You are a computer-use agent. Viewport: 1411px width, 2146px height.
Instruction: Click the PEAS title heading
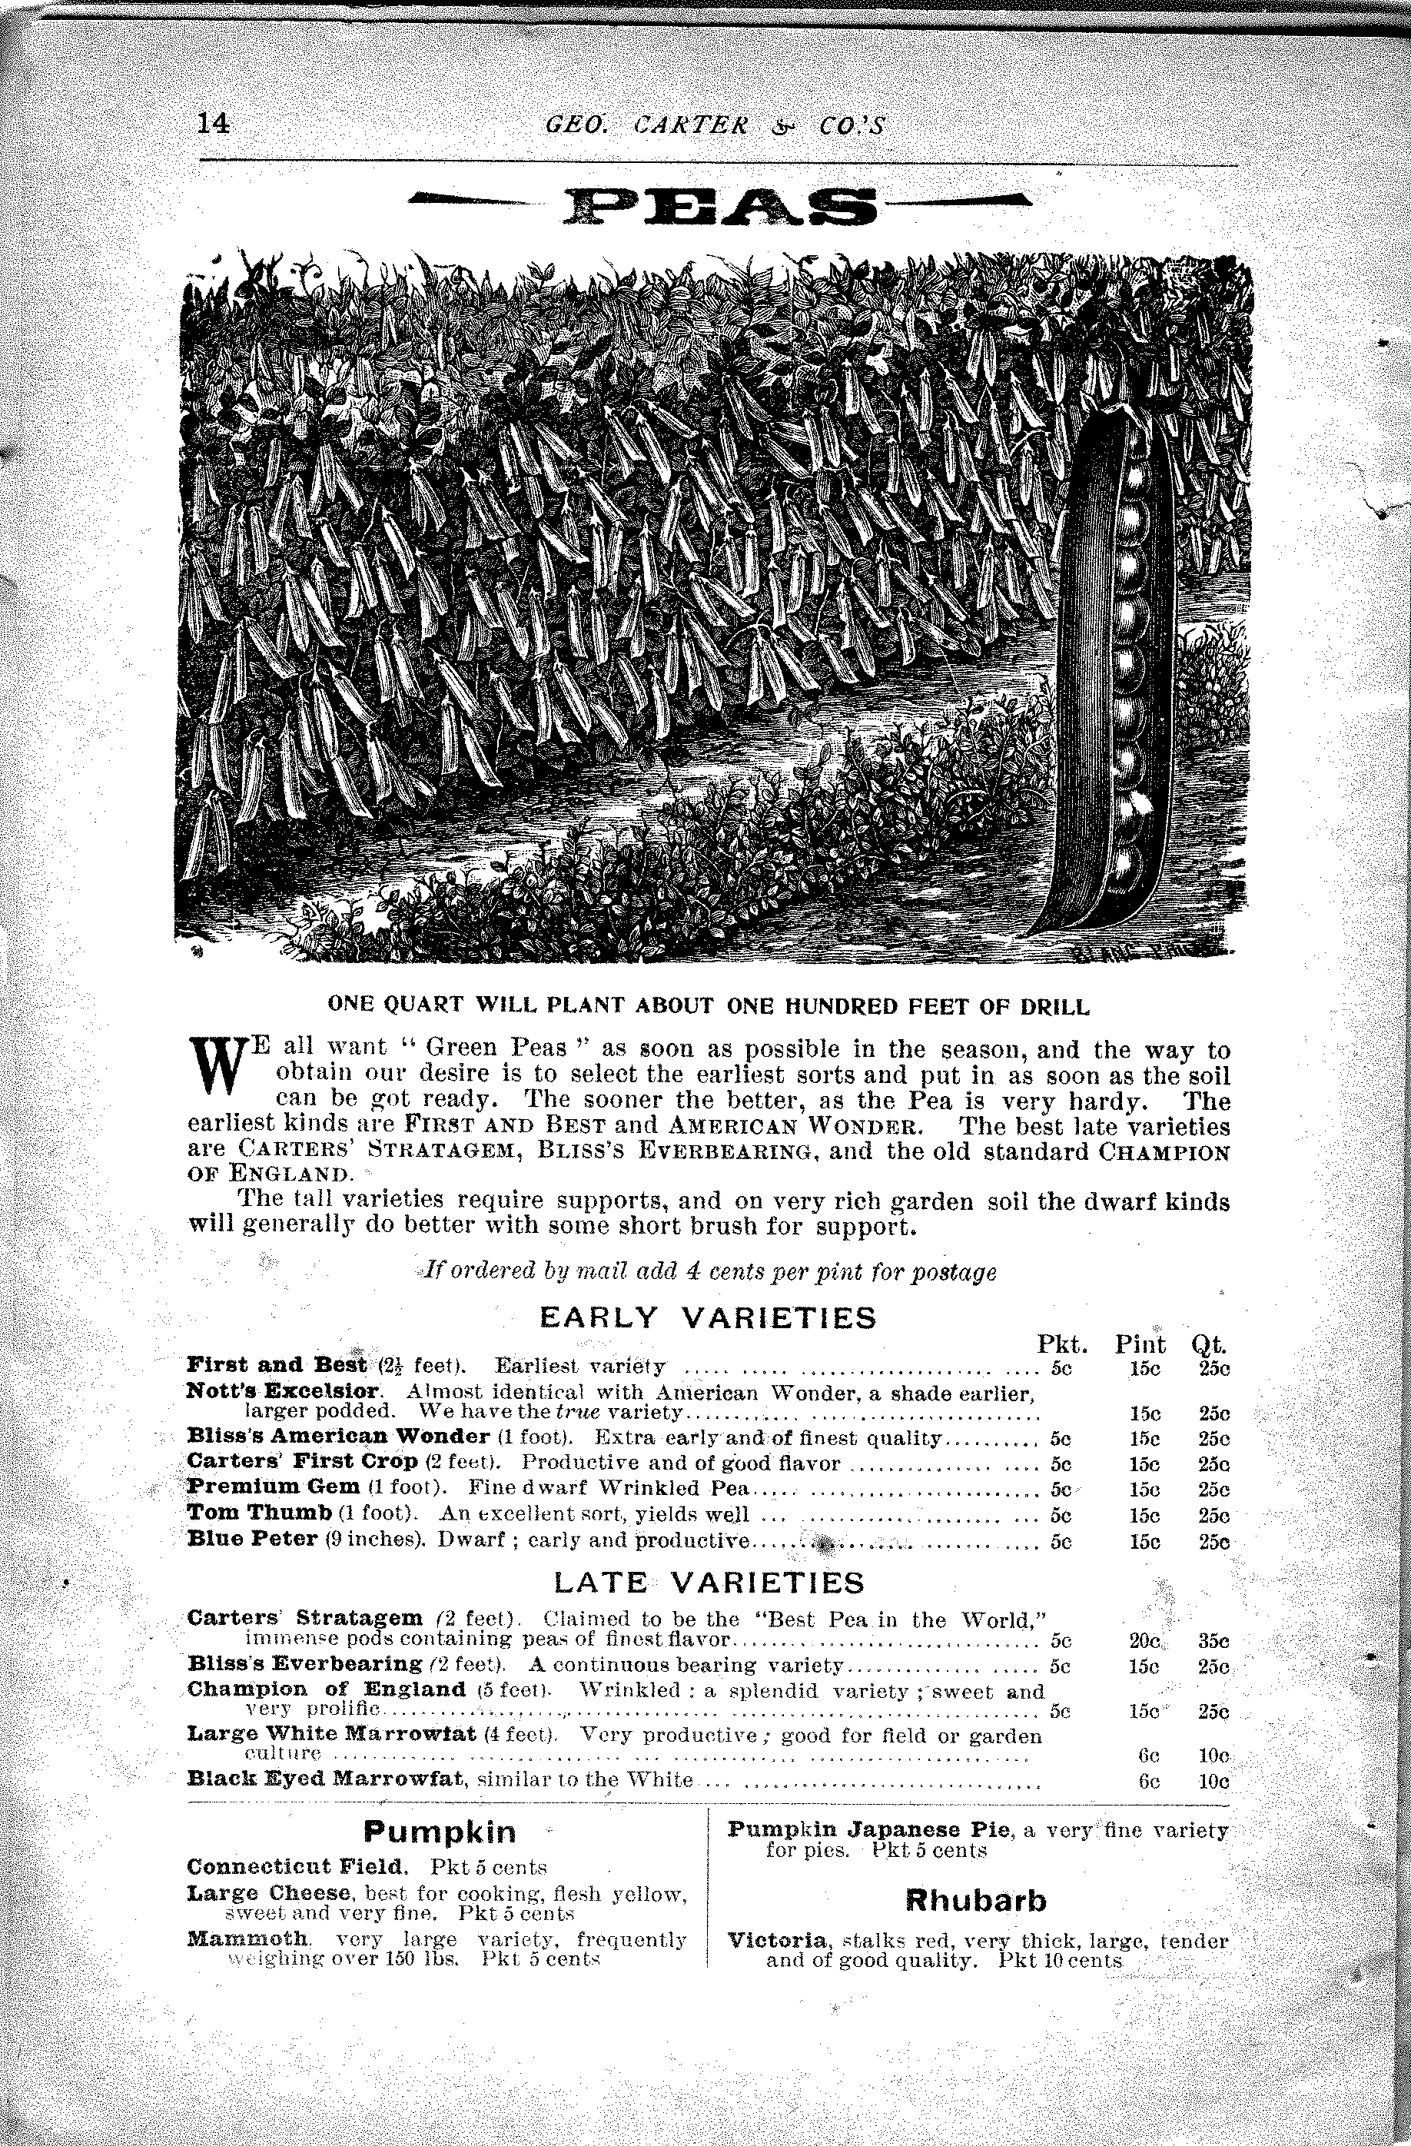pyautogui.click(x=719, y=208)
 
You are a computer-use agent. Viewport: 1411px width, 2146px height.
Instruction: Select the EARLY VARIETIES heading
pyautogui.click(x=707, y=1318)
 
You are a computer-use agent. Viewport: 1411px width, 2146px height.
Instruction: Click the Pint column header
pyautogui.click(x=1140, y=1345)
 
